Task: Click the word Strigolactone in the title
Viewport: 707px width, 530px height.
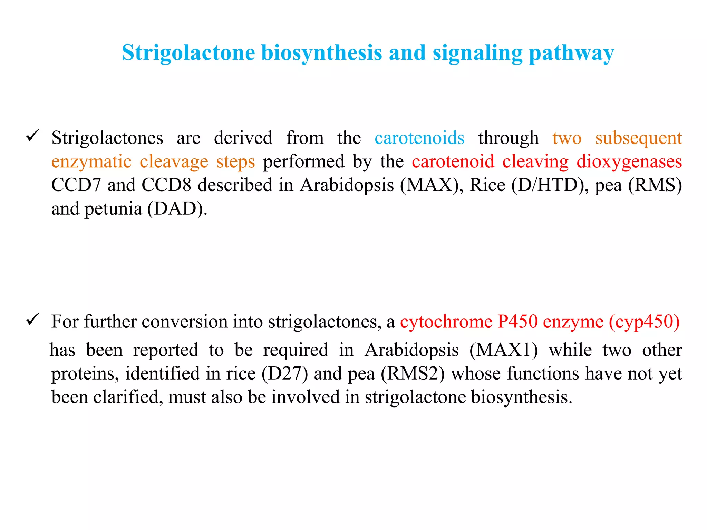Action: [188, 53]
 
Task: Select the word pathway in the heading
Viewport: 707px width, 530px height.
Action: [571, 53]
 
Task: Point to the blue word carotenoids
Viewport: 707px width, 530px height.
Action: [419, 138]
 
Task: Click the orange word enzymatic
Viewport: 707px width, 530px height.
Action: [91, 162]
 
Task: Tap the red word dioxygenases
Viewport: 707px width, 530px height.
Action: [629, 162]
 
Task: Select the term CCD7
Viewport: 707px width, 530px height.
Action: [76, 185]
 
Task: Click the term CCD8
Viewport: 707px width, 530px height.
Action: [166, 185]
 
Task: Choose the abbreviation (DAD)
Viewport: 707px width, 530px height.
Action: [177, 209]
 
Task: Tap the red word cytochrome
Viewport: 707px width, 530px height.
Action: [446, 322]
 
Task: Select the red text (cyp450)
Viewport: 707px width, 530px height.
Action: [644, 322]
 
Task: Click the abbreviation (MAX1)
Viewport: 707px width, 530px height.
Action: [503, 350]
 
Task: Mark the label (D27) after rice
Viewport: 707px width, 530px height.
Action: [284, 374]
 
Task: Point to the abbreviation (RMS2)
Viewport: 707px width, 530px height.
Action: [413, 374]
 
